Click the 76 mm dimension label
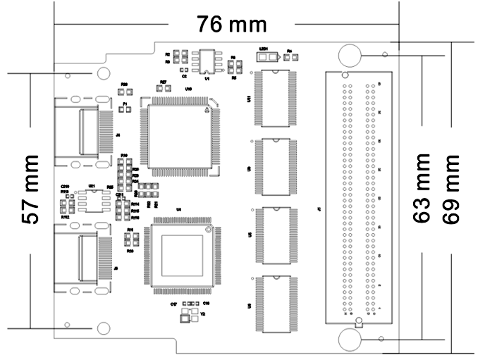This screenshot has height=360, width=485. coord(231,25)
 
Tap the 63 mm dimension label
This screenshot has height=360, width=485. coord(422,188)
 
